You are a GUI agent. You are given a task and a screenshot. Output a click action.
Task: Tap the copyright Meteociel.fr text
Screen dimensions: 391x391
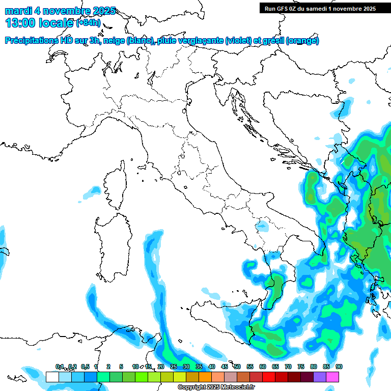[216, 387]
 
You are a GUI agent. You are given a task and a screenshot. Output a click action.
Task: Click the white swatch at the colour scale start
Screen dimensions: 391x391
[52, 377]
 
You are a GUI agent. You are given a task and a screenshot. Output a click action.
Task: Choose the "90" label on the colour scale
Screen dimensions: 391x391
[339, 367]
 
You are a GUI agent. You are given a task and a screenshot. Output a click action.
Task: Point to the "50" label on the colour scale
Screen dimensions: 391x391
[237, 367]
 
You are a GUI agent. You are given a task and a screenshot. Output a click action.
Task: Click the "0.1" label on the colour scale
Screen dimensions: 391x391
[60, 367]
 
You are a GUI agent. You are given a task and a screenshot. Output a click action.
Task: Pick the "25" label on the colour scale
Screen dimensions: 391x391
[174, 367]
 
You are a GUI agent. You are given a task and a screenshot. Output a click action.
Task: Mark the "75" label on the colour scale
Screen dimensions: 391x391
[301, 367]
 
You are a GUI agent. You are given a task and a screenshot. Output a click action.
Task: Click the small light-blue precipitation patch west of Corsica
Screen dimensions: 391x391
[92, 192]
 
